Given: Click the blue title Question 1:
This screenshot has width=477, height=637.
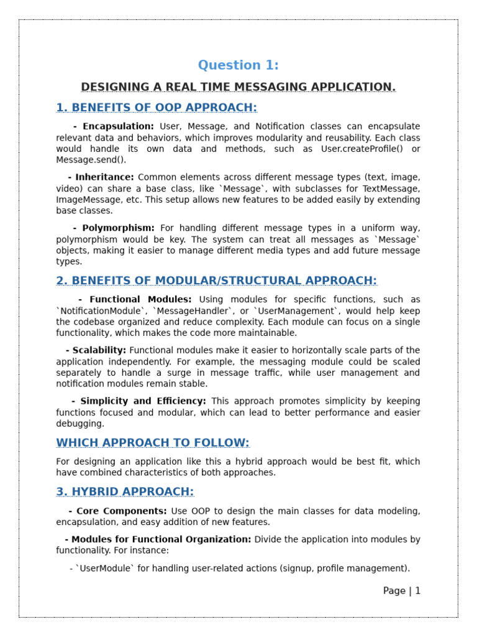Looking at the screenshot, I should pos(238,65).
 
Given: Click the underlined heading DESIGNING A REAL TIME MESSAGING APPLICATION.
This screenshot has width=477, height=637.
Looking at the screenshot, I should pos(238,87).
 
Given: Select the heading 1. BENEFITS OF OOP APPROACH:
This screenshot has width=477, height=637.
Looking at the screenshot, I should pos(157,108).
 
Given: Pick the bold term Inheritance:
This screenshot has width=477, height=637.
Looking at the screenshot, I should pos(104,177).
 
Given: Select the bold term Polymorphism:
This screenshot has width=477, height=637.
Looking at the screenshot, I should pos(118,228).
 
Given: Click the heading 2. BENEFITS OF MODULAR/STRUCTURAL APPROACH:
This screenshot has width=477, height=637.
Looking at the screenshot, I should pos(217,281).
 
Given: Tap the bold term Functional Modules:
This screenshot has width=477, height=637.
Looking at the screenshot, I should pos(140,300).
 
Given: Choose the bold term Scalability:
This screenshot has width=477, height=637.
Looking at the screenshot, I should pos(99,351).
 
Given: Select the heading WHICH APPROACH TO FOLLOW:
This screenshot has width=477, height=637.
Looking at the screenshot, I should pos(153,443).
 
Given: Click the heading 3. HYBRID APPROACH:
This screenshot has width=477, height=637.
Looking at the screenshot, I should pos(125,492).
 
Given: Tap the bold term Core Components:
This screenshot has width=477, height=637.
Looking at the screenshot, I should pos(122,511).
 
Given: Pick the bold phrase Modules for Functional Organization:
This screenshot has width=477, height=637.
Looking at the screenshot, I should pos(161,540).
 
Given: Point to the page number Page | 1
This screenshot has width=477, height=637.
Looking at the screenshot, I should pos(402,591).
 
